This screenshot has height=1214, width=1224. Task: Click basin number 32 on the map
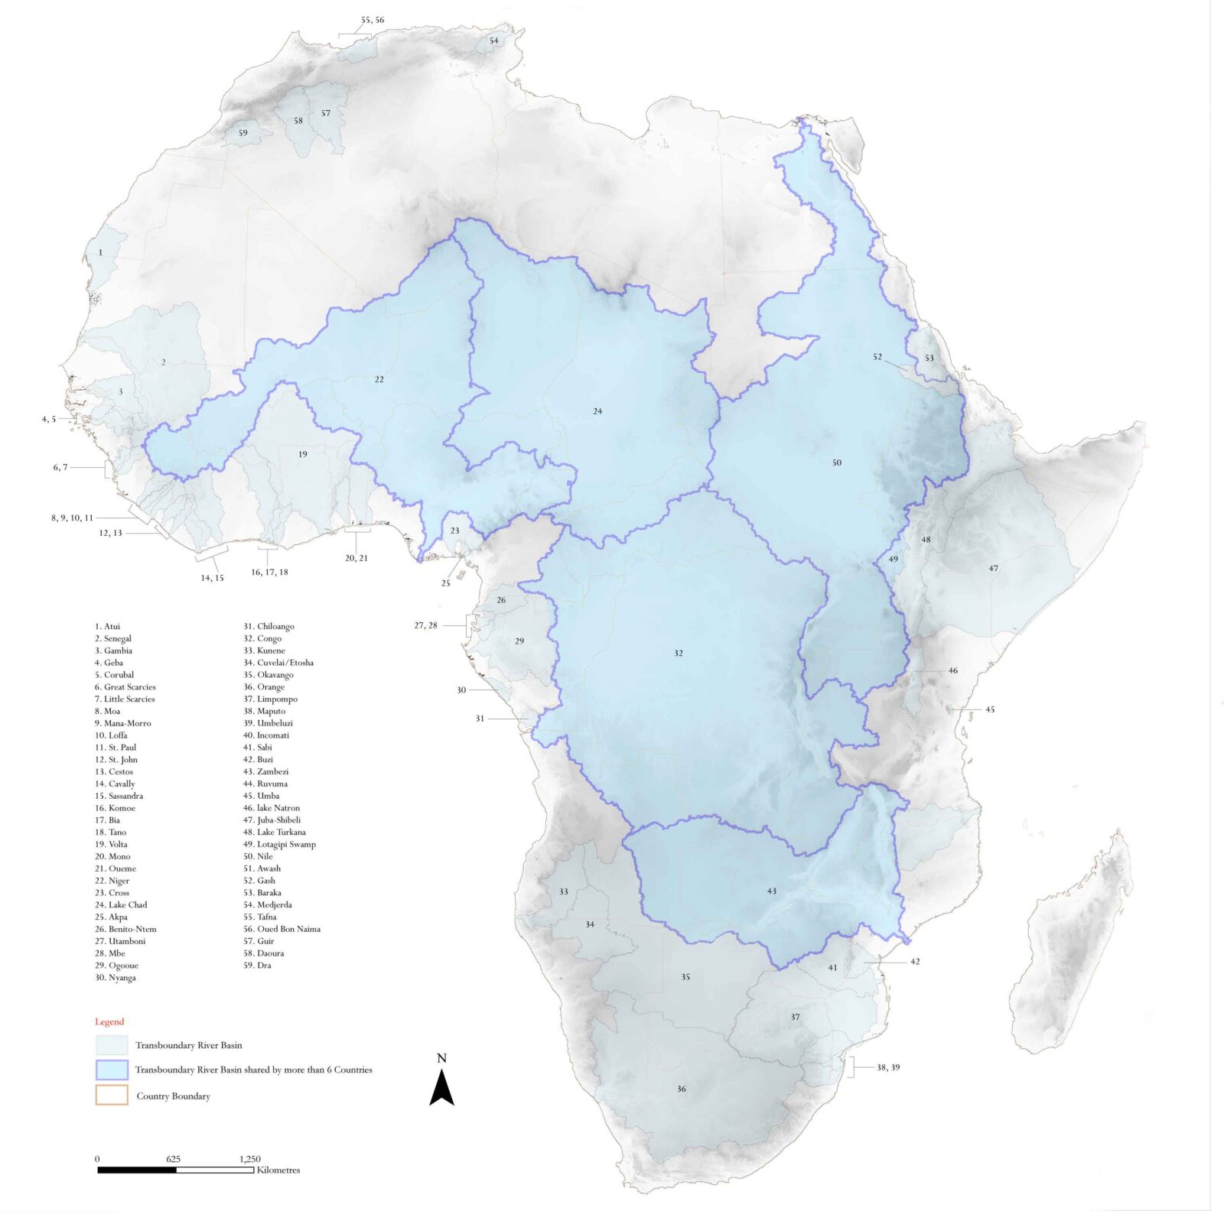679,653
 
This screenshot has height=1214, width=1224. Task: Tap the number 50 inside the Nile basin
836,463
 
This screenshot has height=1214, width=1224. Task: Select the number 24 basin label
597,411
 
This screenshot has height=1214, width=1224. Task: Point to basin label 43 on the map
771,891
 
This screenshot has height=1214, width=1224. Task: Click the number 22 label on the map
379,379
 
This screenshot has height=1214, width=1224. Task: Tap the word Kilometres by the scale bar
278,1170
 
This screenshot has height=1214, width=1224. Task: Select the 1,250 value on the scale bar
249,1159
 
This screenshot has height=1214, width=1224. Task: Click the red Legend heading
109,1021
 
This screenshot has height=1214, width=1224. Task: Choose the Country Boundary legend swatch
112,1095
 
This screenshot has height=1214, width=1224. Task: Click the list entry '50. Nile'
258,856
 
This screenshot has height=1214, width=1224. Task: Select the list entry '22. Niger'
112,881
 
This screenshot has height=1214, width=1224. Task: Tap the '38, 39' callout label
888,1067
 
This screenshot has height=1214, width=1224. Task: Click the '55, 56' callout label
373,20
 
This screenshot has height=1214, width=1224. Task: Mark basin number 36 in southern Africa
681,1089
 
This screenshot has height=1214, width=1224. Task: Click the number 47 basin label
993,568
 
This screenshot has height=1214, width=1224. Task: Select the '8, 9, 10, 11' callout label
72,518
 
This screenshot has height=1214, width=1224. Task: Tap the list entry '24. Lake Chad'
121,904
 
